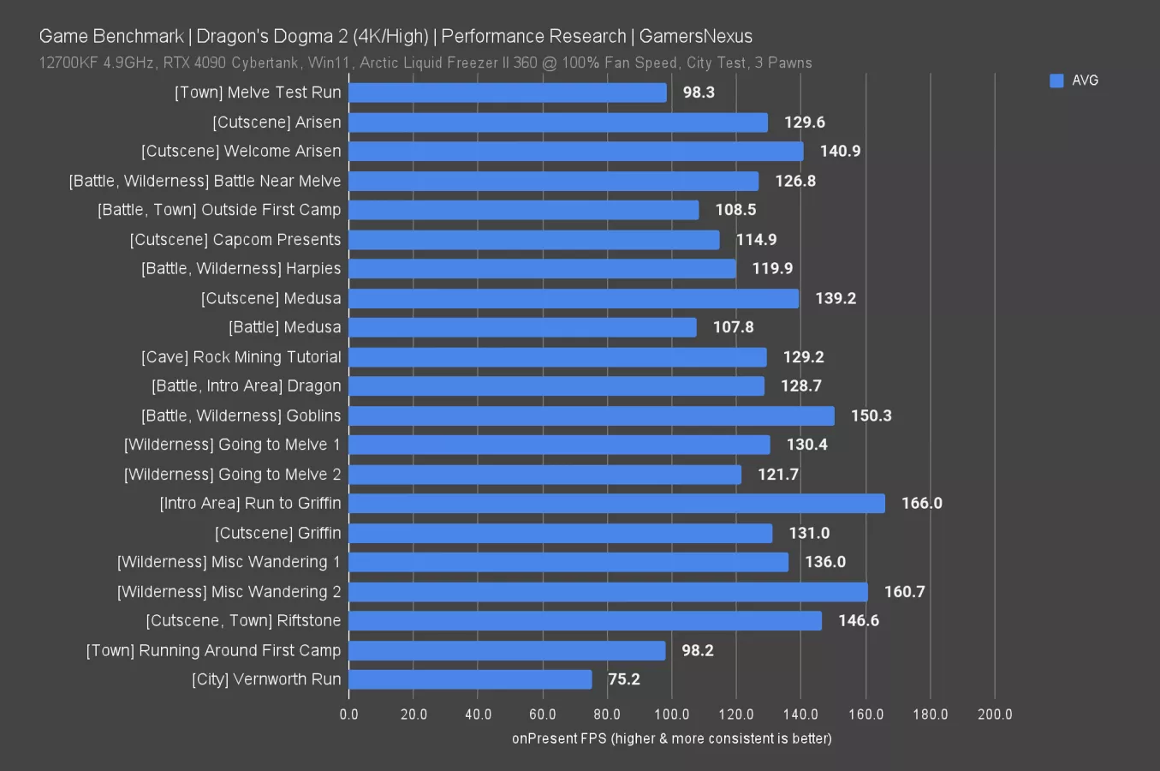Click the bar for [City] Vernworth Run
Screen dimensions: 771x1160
(470, 679)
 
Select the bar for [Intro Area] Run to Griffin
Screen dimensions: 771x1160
(616, 504)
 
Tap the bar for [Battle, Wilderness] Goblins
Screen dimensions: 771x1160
(591, 415)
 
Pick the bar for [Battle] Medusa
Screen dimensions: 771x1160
(522, 327)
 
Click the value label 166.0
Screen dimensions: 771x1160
(921, 504)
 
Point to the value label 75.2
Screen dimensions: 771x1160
(623, 679)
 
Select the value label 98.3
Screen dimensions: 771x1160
(699, 93)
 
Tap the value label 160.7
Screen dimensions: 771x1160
(904, 592)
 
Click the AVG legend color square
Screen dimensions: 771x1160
(1056, 81)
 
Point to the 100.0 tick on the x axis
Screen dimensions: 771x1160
(671, 714)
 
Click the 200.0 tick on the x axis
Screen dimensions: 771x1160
(994, 714)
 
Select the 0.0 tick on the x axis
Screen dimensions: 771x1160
(349, 714)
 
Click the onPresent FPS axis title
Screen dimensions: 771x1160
(671, 738)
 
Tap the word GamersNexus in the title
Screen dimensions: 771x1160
(695, 37)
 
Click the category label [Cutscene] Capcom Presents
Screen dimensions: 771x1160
(235, 240)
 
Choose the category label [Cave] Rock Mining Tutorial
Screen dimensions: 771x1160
(241, 357)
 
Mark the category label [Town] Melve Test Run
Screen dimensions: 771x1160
(258, 93)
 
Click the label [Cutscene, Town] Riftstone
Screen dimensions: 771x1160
(243, 621)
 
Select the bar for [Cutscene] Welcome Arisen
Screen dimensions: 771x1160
(575, 152)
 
